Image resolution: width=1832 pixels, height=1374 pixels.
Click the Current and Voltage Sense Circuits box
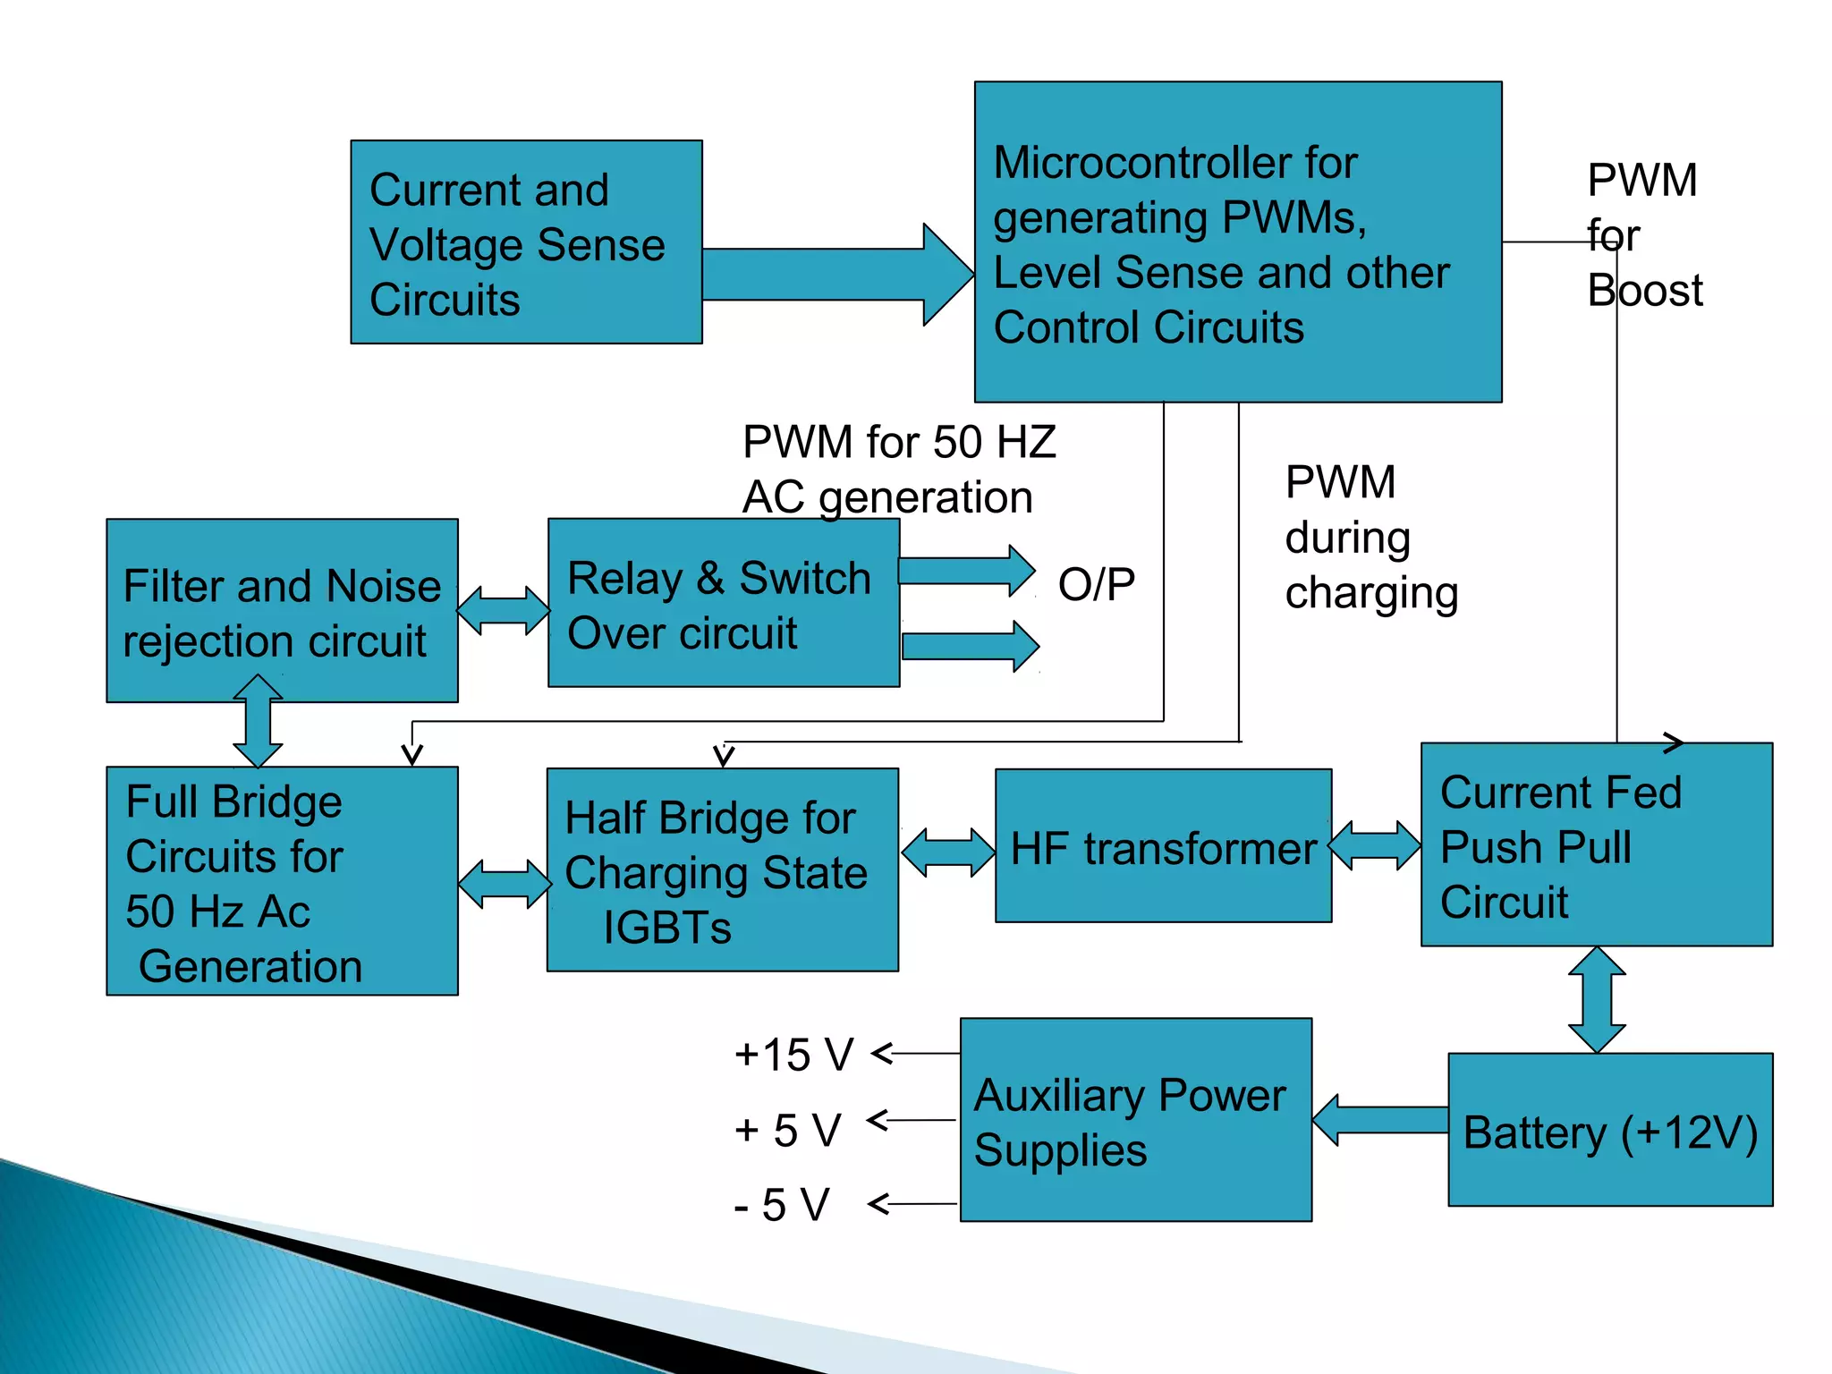[x=526, y=242]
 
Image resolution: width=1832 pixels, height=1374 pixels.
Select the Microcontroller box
[x=1237, y=242]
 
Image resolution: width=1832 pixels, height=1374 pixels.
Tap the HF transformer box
[x=1163, y=846]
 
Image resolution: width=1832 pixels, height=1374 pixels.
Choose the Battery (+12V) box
[x=1609, y=1130]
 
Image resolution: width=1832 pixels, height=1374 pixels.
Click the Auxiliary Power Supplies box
[x=1135, y=1120]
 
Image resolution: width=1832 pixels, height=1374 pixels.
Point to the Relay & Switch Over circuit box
[x=723, y=604]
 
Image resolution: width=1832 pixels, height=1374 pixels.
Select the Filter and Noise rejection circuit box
[x=282, y=611]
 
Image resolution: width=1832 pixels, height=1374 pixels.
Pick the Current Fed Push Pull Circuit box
[x=1596, y=844]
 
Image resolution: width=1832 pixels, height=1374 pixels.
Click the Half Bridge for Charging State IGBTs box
[x=722, y=870]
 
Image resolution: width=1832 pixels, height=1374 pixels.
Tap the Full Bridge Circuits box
[x=282, y=881]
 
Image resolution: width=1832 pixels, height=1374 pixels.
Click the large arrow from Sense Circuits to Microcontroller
[x=836, y=275]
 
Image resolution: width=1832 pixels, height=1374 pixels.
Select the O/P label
[x=1096, y=585]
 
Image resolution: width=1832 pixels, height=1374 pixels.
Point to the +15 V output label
[x=793, y=1055]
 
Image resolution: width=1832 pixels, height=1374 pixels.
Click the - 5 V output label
[x=782, y=1205]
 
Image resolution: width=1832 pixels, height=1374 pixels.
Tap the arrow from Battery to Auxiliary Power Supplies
[x=1379, y=1120]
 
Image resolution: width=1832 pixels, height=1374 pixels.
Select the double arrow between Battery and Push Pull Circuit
[x=1597, y=999]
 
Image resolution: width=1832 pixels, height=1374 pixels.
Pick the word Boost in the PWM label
[x=1644, y=292]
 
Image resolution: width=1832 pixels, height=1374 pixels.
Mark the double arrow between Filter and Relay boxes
[x=503, y=611]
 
